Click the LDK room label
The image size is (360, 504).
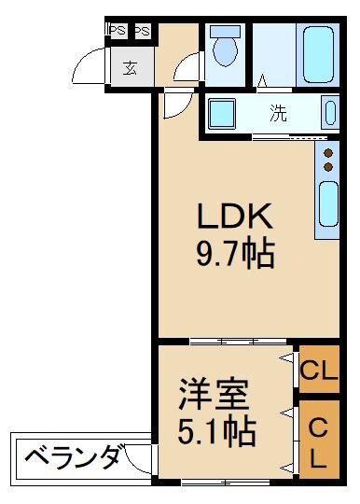point(233,217)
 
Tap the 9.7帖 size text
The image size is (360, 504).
point(234,254)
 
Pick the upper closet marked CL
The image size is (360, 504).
point(318,371)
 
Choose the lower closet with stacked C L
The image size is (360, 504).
point(317,442)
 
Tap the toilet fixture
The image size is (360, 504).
point(224,47)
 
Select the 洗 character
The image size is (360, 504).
point(278,114)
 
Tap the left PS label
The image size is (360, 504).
point(118,31)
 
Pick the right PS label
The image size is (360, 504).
point(142,31)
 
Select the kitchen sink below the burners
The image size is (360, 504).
point(327,204)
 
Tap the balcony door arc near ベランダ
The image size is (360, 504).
point(140,458)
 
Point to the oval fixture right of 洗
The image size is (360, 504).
point(328,113)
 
